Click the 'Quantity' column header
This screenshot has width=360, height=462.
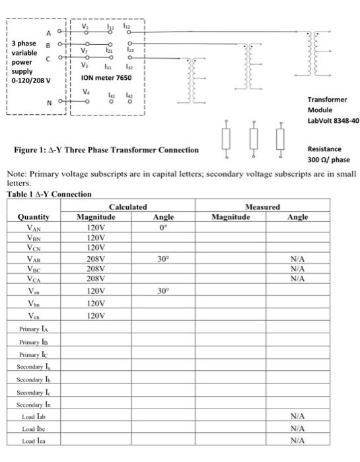pyautogui.click(x=34, y=216)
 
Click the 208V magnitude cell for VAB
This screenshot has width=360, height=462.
pyautogui.click(x=96, y=259)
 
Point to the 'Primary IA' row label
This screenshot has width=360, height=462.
pyautogui.click(x=34, y=328)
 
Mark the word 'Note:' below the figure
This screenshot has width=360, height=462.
pyautogui.click(x=16, y=174)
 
